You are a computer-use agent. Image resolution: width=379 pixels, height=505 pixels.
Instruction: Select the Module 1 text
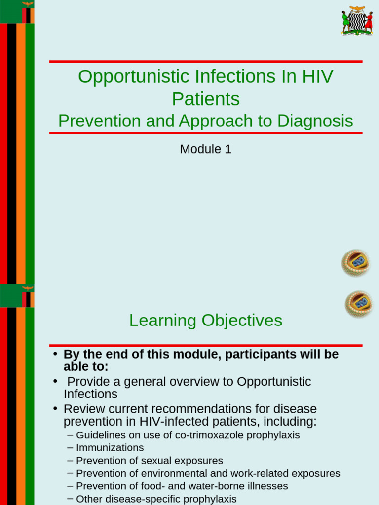point(205,149)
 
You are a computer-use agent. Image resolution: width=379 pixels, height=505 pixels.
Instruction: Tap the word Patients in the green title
point(205,99)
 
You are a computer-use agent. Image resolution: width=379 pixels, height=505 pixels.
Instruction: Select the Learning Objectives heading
point(205,321)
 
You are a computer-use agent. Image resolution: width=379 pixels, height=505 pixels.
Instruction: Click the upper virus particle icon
point(355,263)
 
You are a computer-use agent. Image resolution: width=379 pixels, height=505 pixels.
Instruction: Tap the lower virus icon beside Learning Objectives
point(358,304)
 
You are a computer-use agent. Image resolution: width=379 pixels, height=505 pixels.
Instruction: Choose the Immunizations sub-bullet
point(110,448)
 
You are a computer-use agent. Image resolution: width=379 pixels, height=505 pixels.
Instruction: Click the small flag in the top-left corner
point(17,11)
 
